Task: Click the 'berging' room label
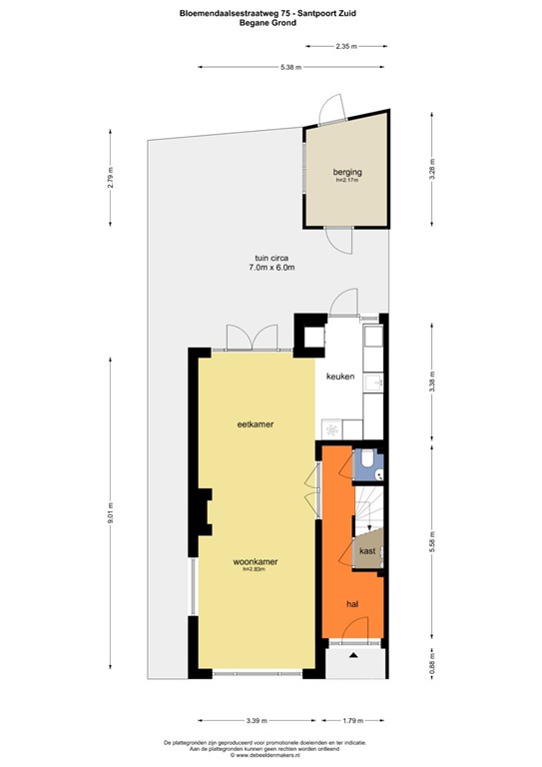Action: pyautogui.click(x=347, y=173)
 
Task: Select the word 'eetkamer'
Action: pyautogui.click(x=256, y=424)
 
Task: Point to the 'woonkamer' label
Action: pyautogui.click(x=256, y=561)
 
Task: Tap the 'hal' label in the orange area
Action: pyautogui.click(x=352, y=604)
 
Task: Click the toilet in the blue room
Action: pyautogui.click(x=369, y=459)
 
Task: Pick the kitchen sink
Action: pyautogui.click(x=373, y=384)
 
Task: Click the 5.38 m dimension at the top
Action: pyautogui.click(x=290, y=67)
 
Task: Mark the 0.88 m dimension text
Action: pyautogui.click(x=432, y=664)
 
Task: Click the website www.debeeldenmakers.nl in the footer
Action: pyautogui.click(x=271, y=755)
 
